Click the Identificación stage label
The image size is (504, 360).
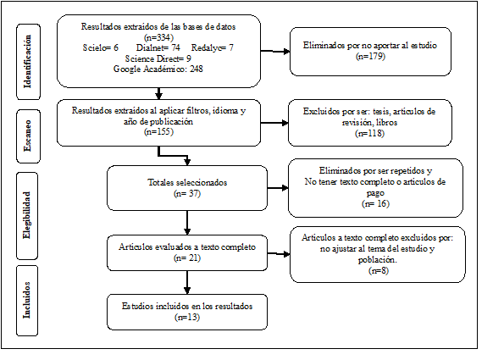(x=30, y=52)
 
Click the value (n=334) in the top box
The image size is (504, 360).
(x=158, y=37)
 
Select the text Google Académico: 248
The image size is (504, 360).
(x=158, y=69)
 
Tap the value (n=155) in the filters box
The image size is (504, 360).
(x=158, y=131)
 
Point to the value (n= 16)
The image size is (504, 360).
(x=375, y=204)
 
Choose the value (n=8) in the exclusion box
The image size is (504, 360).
(x=377, y=270)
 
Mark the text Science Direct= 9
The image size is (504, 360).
(x=158, y=58)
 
